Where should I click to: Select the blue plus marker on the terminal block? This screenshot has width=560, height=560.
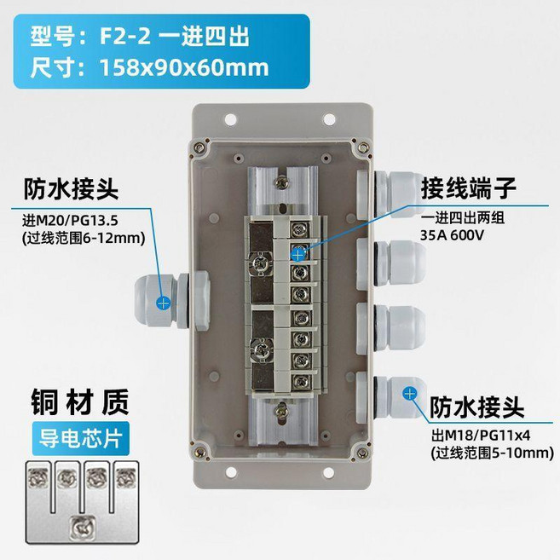(299, 254)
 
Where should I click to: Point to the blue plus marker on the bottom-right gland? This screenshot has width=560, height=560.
(409, 394)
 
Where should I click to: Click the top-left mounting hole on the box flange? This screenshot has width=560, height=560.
(230, 120)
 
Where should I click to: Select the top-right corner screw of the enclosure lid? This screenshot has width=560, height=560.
(363, 147)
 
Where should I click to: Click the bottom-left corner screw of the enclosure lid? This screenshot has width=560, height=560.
(200, 452)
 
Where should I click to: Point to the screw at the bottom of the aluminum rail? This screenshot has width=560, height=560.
(280, 411)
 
